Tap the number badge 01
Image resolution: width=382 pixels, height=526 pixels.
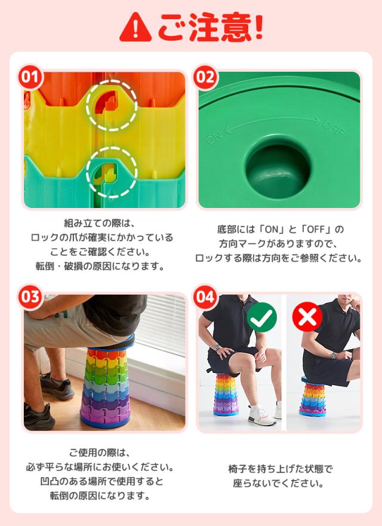[30, 77]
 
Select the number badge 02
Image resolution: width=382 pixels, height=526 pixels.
[205, 77]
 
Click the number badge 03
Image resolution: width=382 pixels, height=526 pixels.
[30, 297]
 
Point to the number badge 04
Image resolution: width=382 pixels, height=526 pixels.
[205, 297]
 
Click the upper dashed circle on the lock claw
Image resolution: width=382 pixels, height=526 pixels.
[111, 105]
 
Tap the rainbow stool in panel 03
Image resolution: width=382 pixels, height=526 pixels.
[107, 386]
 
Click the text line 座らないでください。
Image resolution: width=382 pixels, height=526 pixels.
[279, 483]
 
